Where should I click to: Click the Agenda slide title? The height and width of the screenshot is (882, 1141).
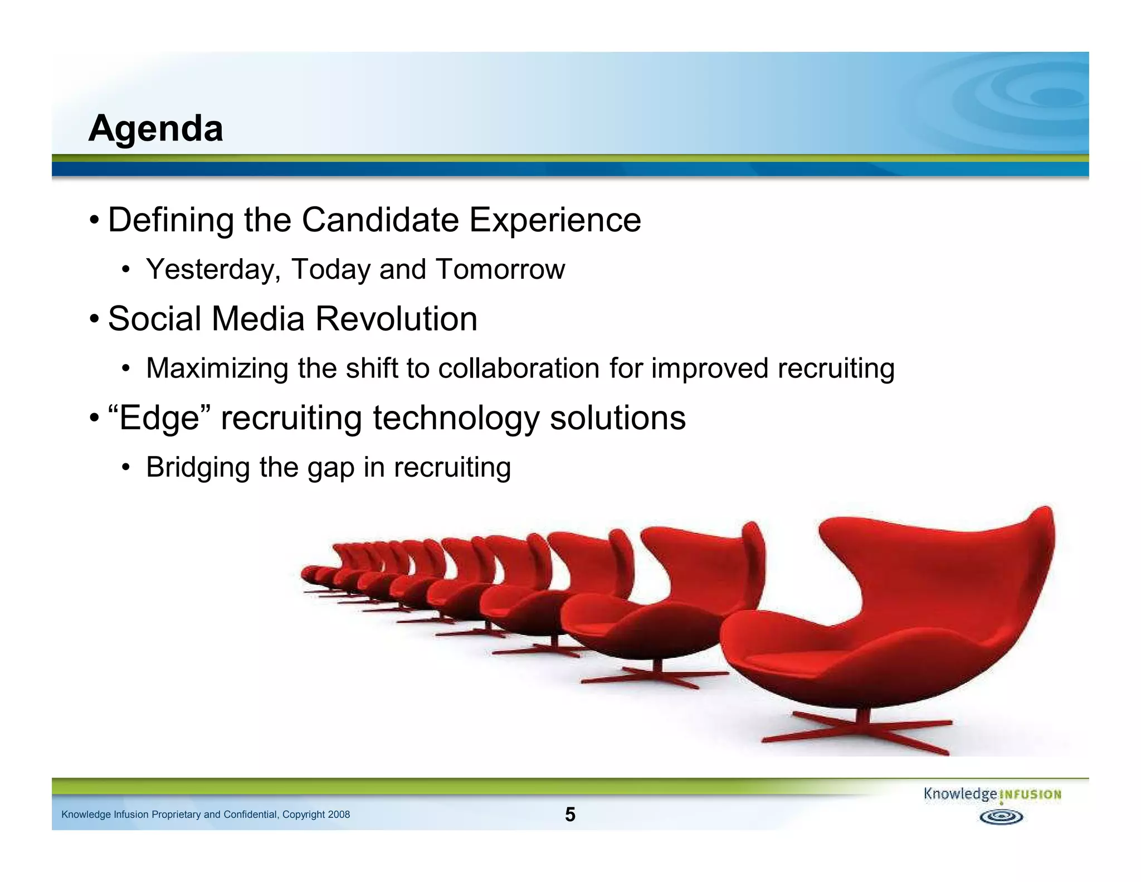[x=155, y=129]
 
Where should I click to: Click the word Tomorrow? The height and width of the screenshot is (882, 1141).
[x=500, y=270]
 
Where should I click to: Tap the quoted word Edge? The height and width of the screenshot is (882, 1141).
[x=159, y=418]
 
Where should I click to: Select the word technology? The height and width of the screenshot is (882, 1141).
[x=456, y=418]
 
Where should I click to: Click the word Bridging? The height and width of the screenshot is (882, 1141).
[x=198, y=467]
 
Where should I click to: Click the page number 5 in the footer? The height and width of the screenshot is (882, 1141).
[x=570, y=815]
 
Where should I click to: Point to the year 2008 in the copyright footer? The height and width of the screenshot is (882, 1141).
[x=339, y=815]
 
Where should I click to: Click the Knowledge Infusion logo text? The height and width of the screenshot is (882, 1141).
[x=992, y=794]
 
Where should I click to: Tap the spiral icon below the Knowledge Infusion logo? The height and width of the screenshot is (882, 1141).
[x=1001, y=817]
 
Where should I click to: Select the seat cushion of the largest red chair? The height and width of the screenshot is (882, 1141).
[x=825, y=663]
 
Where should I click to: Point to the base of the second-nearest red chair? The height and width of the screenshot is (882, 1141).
[x=657, y=678]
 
